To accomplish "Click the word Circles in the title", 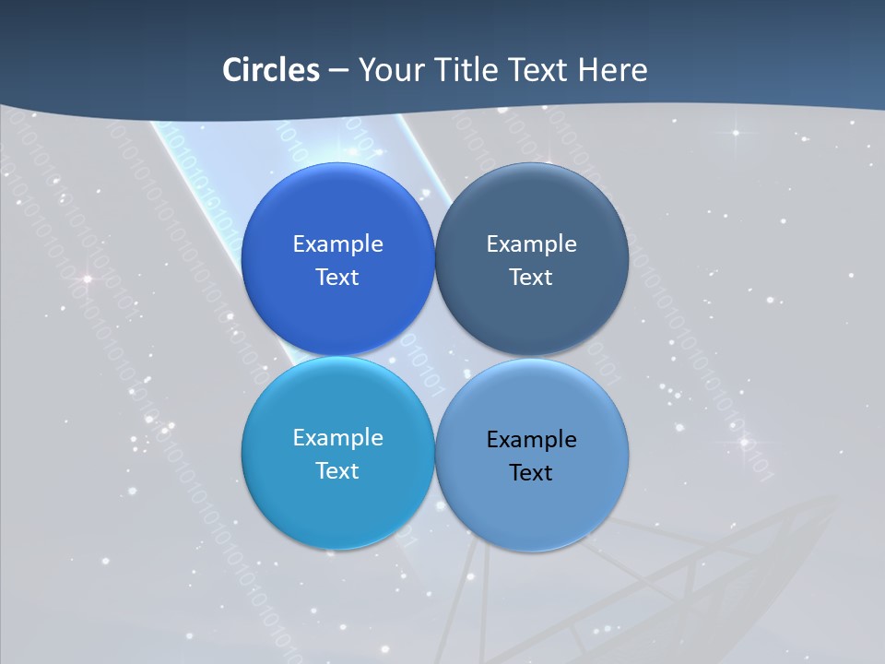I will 271,70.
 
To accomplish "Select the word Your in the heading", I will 388,70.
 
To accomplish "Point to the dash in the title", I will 338,70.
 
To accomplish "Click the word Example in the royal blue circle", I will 337,244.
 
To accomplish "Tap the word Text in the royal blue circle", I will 337,278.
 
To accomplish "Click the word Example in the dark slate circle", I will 531,244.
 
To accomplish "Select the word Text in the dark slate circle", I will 531,278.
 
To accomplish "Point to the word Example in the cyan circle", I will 337,438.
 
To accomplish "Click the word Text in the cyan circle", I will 337,471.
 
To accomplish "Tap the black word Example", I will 531,440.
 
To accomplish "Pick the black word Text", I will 531,473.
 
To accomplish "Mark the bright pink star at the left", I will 88,279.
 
